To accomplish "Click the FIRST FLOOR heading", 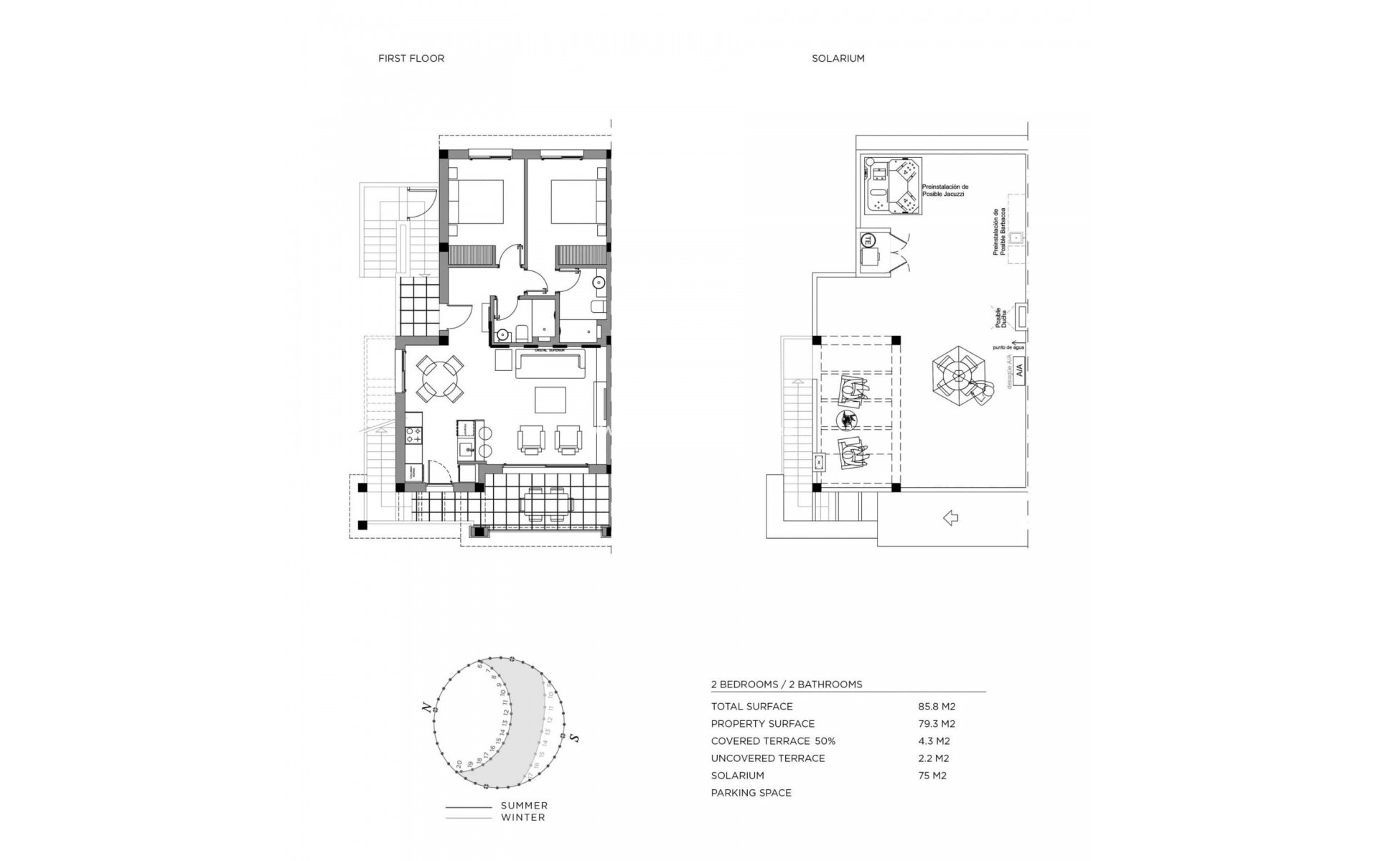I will pos(411,59).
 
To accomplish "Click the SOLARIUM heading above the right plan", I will pos(838,59).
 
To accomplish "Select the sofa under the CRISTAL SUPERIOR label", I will pos(550,364).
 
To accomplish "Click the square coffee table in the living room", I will pos(550,400).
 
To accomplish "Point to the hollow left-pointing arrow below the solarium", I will pos(950,517).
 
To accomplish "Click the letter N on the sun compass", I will pos(428,708).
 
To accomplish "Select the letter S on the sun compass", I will pos(576,738).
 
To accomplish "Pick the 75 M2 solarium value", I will pos(932,776).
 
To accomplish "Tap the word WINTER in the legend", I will pos(522,817).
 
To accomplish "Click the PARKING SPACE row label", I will pos(751,793).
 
